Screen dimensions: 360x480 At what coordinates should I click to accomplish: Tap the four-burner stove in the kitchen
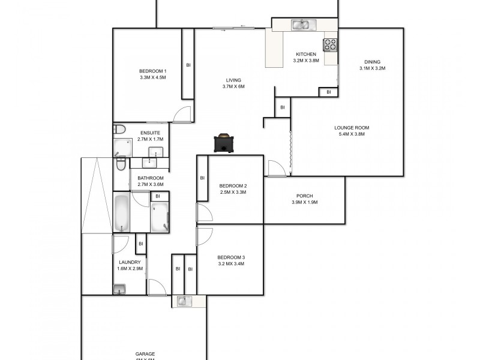coord(331,44)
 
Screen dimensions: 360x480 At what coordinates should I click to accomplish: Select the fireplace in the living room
coord(224,144)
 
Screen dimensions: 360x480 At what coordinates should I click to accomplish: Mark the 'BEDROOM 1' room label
coord(152,71)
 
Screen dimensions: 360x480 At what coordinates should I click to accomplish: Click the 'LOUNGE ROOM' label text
coord(352,127)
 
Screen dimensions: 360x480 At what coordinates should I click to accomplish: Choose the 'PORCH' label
coord(304,196)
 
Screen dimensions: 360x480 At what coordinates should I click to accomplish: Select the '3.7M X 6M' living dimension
coord(233,86)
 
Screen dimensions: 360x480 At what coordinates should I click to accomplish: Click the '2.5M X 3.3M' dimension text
coord(233,192)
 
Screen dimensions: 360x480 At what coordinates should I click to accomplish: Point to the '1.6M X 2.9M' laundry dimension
coord(130,269)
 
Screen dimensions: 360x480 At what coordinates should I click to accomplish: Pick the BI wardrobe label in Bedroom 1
coord(188,65)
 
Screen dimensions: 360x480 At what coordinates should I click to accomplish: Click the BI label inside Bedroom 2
coord(202,178)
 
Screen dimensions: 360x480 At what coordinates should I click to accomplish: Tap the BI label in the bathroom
coord(158,196)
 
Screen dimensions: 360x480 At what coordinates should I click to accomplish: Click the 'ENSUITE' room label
coord(150,133)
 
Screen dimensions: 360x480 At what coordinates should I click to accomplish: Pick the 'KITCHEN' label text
coord(305,54)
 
